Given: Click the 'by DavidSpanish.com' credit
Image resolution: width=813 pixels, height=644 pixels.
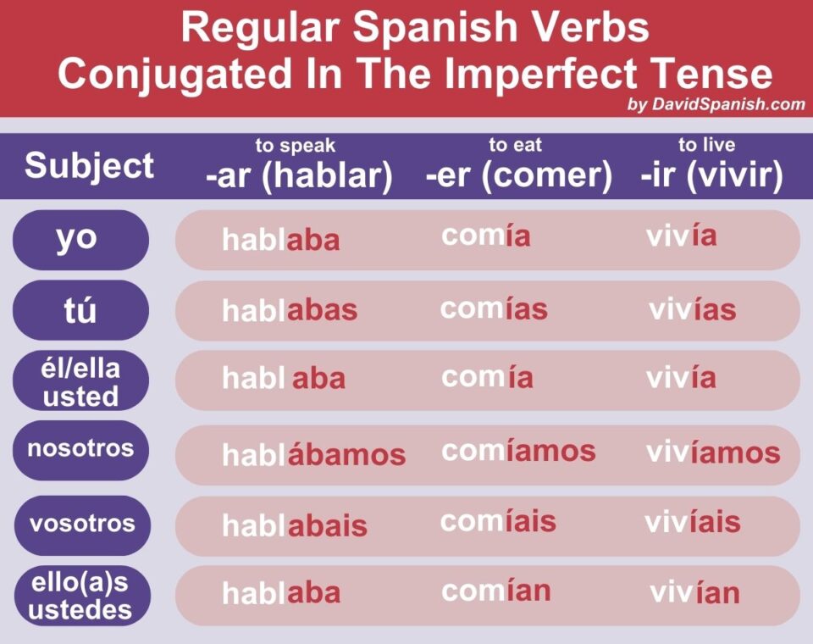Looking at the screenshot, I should point(716,105).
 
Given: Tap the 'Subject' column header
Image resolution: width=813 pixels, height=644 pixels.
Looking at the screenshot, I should point(89,166).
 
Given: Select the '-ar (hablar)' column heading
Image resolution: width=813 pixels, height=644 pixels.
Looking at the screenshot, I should point(298,176).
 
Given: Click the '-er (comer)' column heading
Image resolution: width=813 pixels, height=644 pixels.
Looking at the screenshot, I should point(518,176).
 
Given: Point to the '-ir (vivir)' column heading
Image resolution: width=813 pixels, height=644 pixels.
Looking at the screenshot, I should point(711,176).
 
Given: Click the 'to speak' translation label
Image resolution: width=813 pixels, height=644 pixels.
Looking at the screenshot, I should point(296,146).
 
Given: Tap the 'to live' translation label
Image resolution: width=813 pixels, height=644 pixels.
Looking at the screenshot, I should point(706,145).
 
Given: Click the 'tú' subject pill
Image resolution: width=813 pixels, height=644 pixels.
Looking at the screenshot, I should point(80,310).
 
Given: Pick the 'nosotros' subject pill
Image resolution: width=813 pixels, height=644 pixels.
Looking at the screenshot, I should point(80,448).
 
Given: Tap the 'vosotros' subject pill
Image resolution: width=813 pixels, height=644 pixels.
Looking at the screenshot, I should point(81,522).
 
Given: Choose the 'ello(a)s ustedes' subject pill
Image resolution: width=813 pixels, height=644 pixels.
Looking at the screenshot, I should point(81,596).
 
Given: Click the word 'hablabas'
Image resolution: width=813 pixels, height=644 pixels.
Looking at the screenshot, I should point(290,311).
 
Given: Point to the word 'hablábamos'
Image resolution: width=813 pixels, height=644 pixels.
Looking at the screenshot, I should point(313,455).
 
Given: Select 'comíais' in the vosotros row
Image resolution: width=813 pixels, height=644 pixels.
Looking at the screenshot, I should point(498,521).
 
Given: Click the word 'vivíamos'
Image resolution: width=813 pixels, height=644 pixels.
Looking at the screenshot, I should point(712,452).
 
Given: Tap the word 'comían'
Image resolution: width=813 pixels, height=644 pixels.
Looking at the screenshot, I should point(495,591).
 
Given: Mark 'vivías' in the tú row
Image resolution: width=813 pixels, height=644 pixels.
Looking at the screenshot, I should point(692,310).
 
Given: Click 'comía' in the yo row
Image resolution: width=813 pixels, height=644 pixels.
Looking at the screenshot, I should point(485,236).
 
